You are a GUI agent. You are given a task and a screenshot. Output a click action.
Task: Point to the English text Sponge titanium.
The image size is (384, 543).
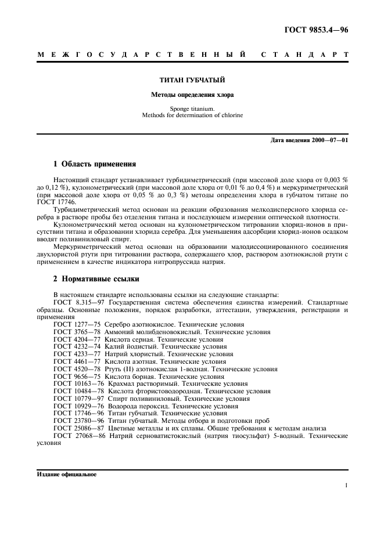click(x=192, y=108)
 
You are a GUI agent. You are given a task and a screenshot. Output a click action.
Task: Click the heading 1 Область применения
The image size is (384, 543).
click(x=95, y=164)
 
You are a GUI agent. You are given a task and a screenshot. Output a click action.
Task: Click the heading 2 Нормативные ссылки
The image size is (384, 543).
click(x=96, y=279)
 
